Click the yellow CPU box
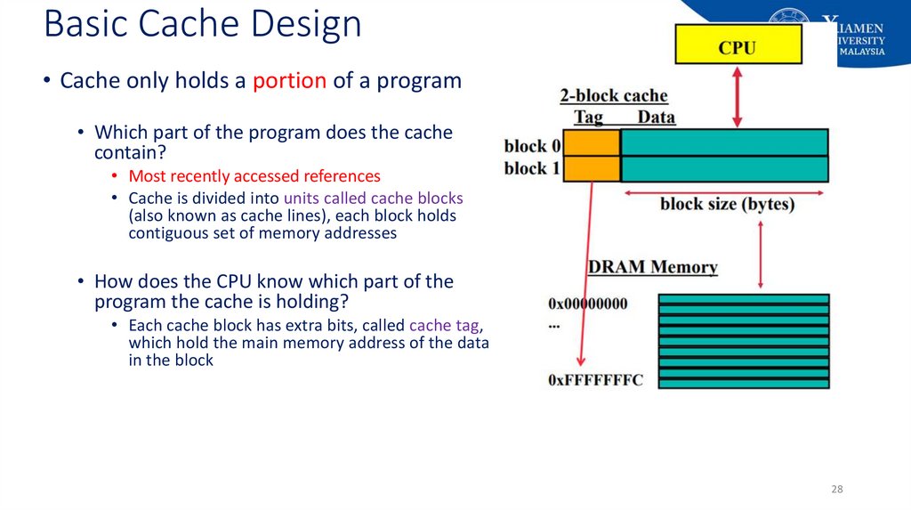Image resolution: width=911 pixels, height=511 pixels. point(738,45)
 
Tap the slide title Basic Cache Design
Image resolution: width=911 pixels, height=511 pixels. point(203,24)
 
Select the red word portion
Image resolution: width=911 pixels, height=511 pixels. point(289,81)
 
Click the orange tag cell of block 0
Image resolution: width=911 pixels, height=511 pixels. point(592,143)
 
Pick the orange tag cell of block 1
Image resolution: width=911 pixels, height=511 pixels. point(592,169)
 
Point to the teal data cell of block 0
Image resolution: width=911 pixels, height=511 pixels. point(724,143)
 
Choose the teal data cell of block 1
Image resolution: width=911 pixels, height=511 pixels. point(724,169)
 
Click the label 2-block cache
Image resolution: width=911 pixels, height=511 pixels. point(613,96)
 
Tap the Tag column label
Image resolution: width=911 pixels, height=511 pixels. point(588,118)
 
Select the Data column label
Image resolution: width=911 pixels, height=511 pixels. point(656,118)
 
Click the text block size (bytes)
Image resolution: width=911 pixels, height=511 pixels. point(727,205)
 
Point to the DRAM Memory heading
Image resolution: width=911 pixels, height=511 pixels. point(652,267)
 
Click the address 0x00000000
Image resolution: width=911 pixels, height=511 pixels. point(588,304)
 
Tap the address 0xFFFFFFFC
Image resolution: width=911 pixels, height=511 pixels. point(595,380)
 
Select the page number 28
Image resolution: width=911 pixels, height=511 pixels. point(836,490)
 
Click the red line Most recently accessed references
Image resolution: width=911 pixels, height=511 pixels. point(254,176)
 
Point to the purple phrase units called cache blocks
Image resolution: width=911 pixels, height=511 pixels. point(374,198)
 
